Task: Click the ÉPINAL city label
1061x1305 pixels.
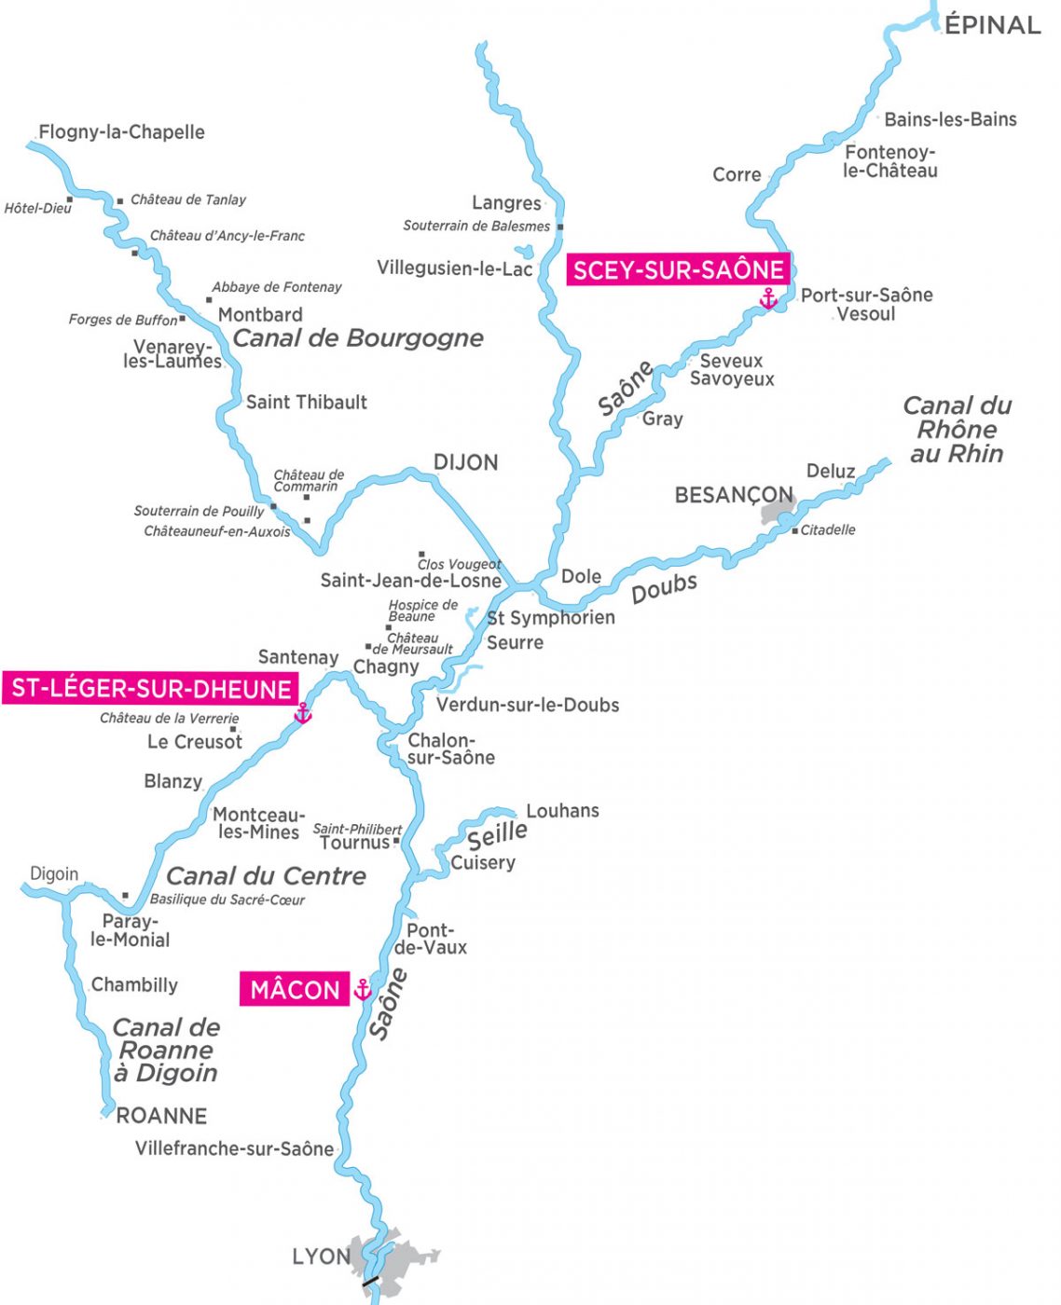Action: pyautogui.click(x=992, y=25)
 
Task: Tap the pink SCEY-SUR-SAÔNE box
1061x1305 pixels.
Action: pyautogui.click(x=678, y=270)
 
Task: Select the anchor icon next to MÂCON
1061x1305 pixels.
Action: pyautogui.click(x=363, y=989)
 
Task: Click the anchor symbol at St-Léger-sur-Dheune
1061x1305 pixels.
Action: pyautogui.click(x=302, y=714)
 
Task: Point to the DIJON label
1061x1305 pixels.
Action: pyautogui.click(x=465, y=462)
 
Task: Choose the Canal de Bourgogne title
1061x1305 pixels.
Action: pyautogui.click(x=357, y=337)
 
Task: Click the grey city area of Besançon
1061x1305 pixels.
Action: pyautogui.click(x=777, y=511)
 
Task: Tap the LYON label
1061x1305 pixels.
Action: pyautogui.click(x=321, y=1257)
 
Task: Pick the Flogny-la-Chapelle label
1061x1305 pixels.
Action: pyautogui.click(x=121, y=132)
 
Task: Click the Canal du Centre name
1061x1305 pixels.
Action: pyautogui.click(x=266, y=876)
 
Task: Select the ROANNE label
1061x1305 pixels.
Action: pyautogui.click(x=161, y=1116)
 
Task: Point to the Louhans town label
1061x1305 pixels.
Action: pyautogui.click(x=562, y=811)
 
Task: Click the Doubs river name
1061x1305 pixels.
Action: pyautogui.click(x=664, y=588)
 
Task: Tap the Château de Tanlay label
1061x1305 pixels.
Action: pyautogui.click(x=187, y=199)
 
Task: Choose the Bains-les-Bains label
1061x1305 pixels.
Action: pyautogui.click(x=950, y=119)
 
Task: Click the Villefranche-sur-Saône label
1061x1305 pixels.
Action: pyautogui.click(x=234, y=1148)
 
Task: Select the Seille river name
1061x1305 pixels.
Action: pyautogui.click(x=497, y=832)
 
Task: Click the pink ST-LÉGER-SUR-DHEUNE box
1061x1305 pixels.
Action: pyautogui.click(x=150, y=689)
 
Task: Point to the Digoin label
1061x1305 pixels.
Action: pyautogui.click(x=54, y=874)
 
